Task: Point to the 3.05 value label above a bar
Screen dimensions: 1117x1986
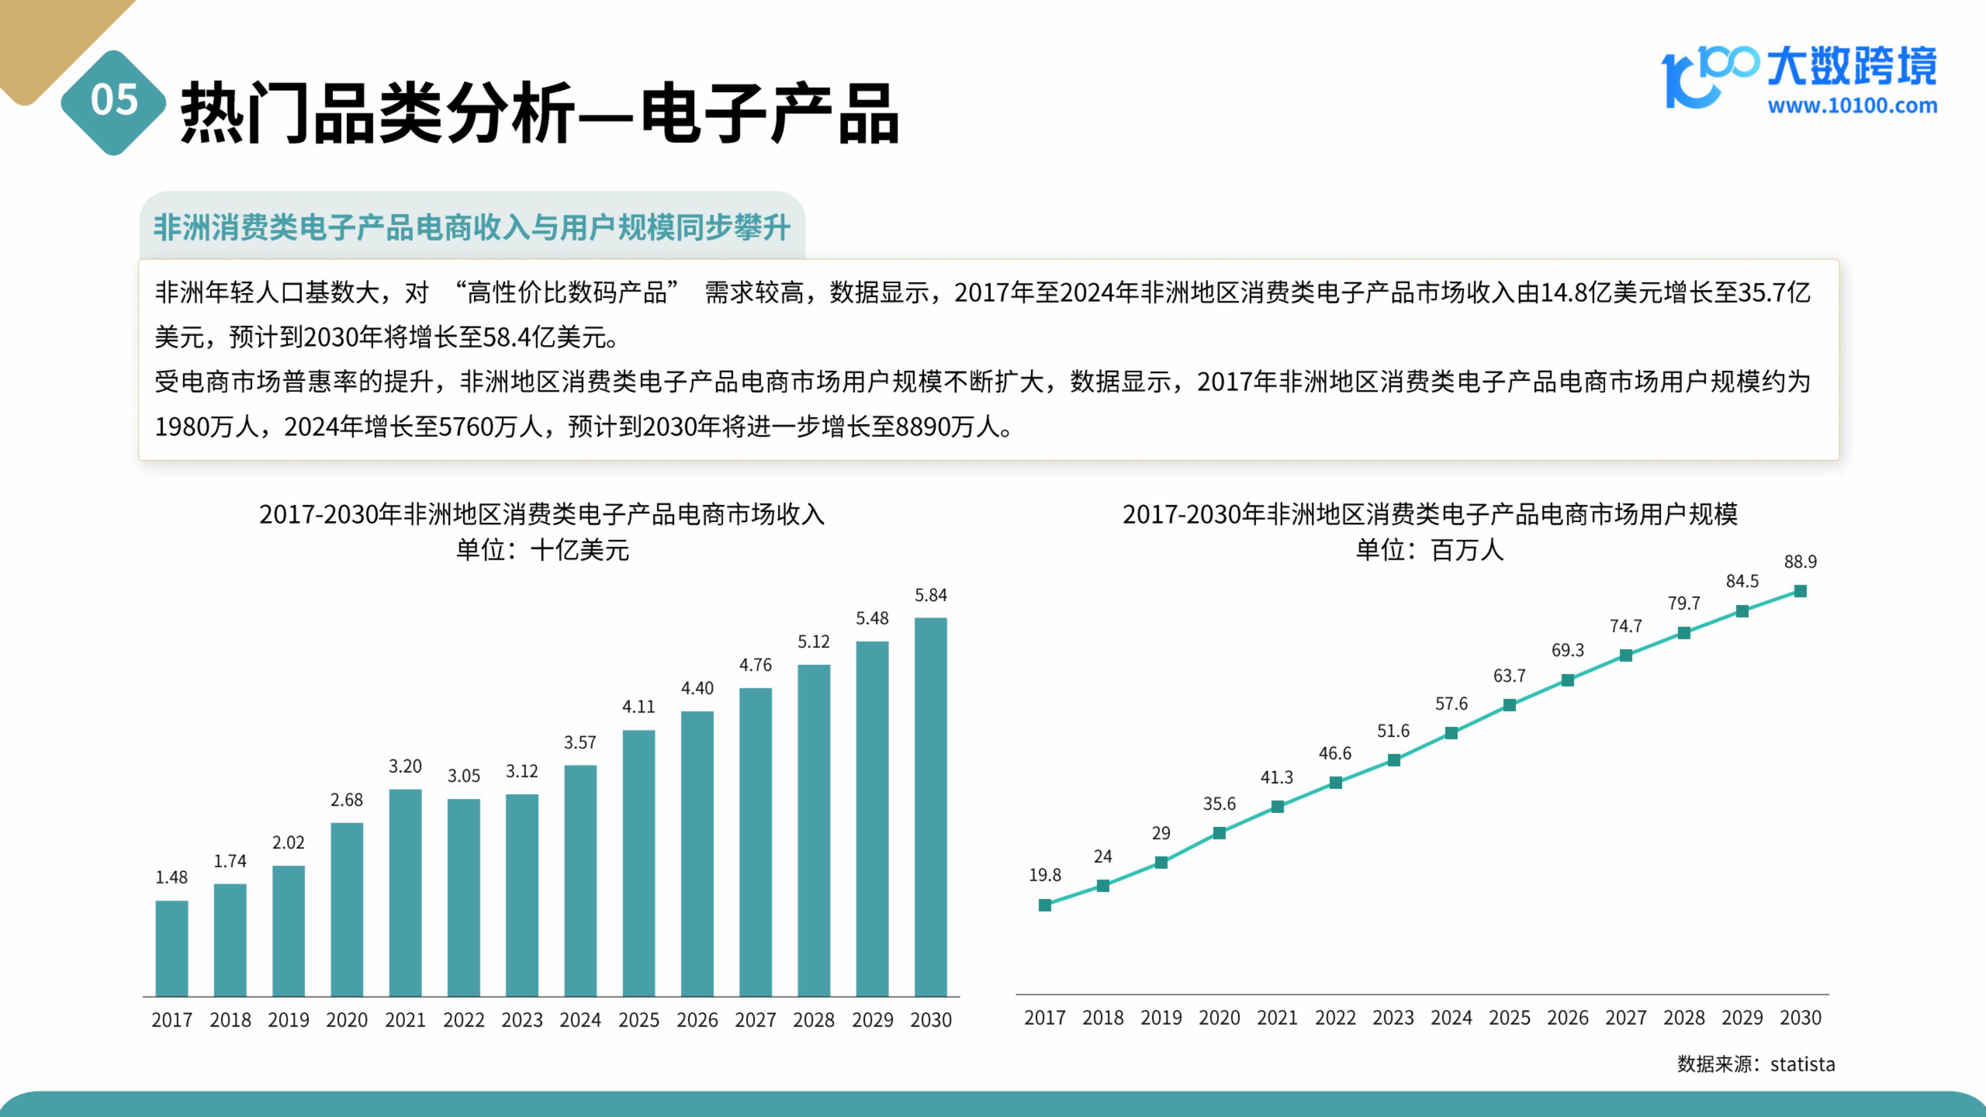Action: click(x=463, y=775)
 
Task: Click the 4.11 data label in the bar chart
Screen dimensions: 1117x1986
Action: click(x=638, y=706)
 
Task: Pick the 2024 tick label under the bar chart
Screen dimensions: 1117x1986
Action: click(x=580, y=1020)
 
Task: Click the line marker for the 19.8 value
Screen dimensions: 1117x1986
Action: click(x=1045, y=905)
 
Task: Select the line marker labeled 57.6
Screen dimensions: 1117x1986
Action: click(x=1451, y=733)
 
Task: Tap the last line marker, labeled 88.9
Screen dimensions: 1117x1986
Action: click(x=1800, y=591)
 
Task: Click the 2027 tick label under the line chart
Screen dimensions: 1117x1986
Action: click(x=1625, y=1018)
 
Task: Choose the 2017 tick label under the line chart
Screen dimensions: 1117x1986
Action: click(x=1045, y=1018)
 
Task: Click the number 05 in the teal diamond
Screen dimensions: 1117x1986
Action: click(x=114, y=100)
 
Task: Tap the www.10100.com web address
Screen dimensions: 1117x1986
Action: click(x=1852, y=106)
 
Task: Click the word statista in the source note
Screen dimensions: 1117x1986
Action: click(x=1802, y=1064)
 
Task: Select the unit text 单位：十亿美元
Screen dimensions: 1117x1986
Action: click(x=542, y=550)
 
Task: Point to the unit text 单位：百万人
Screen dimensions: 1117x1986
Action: click(x=1429, y=550)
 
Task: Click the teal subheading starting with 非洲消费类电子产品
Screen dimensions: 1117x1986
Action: click(x=472, y=227)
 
